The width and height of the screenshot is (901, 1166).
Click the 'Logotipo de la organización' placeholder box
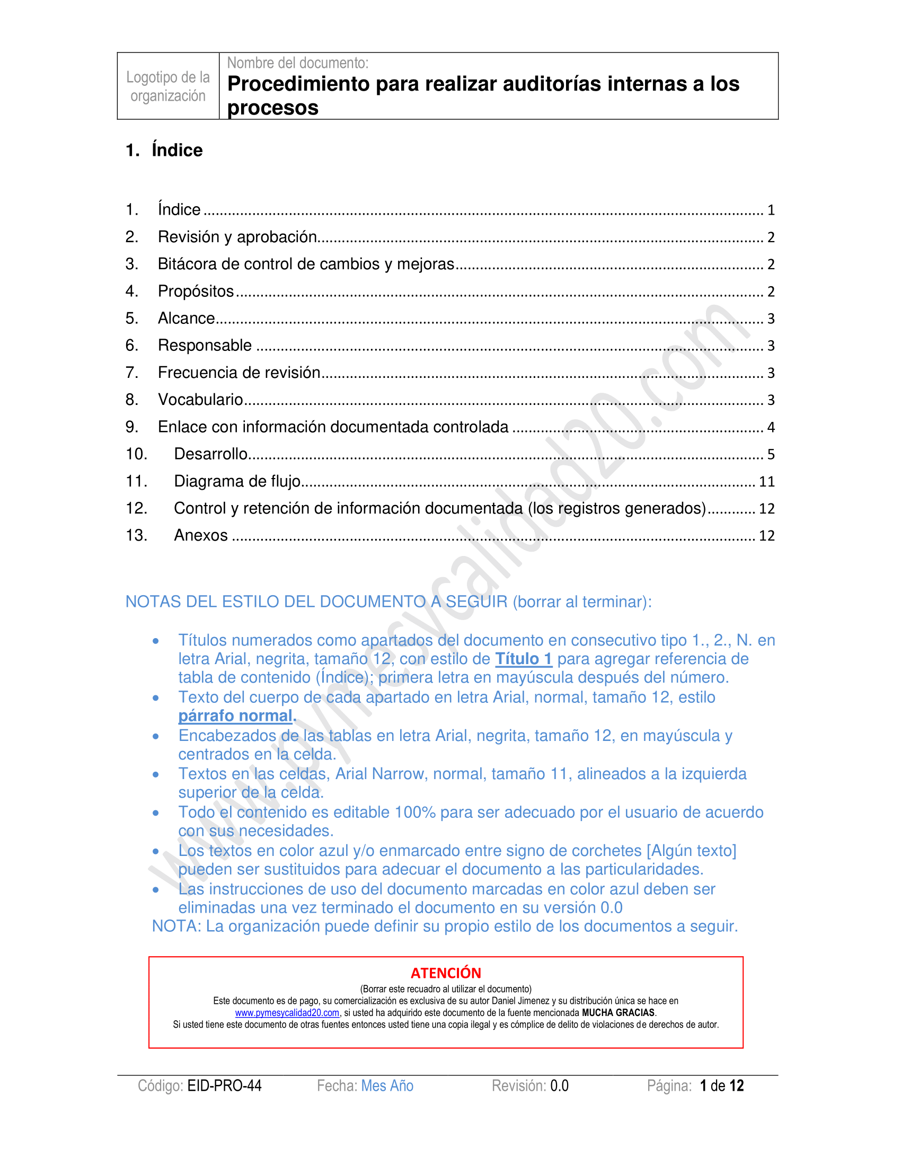(167, 86)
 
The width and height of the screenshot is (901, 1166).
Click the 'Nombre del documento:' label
(297, 63)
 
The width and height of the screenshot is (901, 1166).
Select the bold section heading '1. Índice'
(164, 151)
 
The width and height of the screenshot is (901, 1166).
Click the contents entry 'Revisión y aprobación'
(237, 237)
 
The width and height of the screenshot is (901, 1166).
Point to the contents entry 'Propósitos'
(196, 291)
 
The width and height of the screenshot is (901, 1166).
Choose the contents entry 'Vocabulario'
(200, 400)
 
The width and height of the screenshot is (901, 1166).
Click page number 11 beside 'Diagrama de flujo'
(766, 482)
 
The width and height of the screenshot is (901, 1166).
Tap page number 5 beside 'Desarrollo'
(771, 455)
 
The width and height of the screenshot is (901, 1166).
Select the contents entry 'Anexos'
(201, 535)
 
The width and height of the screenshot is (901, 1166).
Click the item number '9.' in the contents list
(132, 427)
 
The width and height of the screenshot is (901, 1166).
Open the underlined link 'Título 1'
(523, 659)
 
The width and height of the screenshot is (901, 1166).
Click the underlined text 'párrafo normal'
(235, 716)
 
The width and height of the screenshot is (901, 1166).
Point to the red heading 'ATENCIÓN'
(446, 973)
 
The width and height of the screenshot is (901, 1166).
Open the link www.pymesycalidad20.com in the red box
(287, 1013)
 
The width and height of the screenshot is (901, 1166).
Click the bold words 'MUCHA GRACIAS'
(618, 1013)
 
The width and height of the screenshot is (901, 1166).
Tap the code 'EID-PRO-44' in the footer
(224, 1086)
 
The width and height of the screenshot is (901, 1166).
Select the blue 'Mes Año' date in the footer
(387, 1086)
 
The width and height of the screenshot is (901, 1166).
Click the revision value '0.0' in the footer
(559, 1086)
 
